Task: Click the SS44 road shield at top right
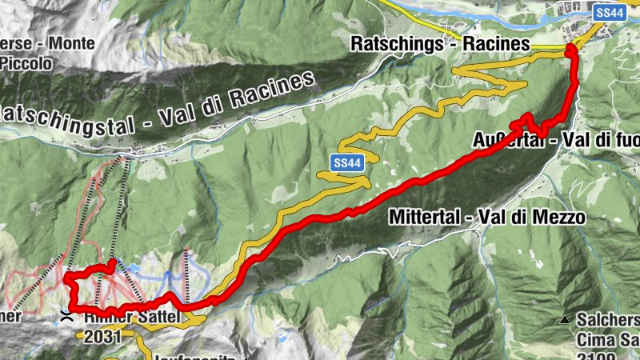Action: [610, 13]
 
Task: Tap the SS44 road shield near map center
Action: [345, 162]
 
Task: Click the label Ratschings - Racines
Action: [440, 44]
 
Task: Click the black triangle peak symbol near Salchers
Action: [566, 320]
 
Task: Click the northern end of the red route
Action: [570, 50]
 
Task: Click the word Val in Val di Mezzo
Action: [492, 217]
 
